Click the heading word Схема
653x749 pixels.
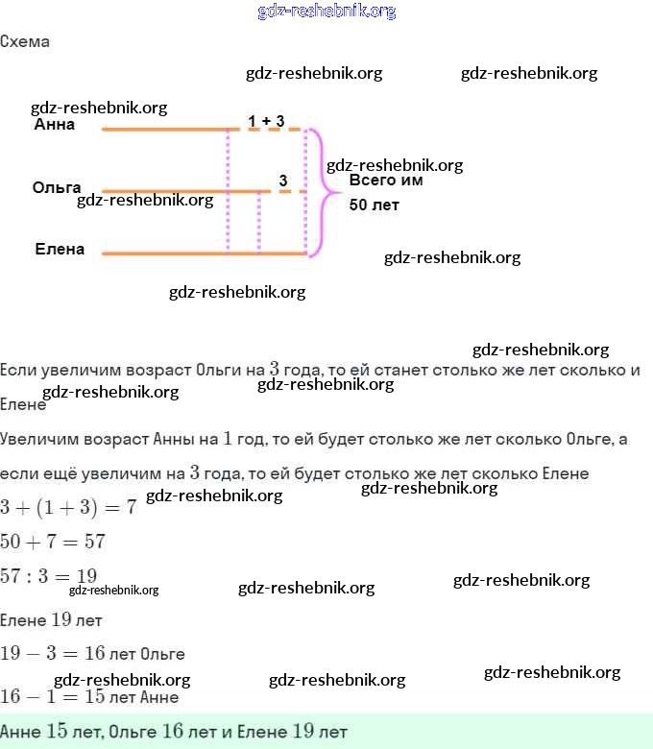point(25,42)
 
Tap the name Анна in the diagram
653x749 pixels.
point(54,125)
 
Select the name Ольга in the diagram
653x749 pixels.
point(56,187)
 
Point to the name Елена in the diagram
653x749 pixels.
point(60,250)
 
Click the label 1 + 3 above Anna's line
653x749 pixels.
point(266,120)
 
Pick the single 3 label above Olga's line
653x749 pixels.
point(283,181)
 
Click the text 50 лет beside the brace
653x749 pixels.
point(375,205)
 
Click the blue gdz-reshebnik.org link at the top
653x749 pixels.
point(326,12)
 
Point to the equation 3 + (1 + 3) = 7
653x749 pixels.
point(67,507)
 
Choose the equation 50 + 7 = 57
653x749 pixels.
point(53,542)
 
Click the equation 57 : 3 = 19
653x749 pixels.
point(49,576)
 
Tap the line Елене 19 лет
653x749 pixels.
point(51,619)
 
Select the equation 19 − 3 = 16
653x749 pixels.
point(53,654)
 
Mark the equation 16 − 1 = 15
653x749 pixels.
point(53,696)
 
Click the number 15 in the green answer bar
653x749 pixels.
point(56,732)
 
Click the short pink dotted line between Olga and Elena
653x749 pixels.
point(259,222)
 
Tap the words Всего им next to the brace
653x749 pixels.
point(385,180)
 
